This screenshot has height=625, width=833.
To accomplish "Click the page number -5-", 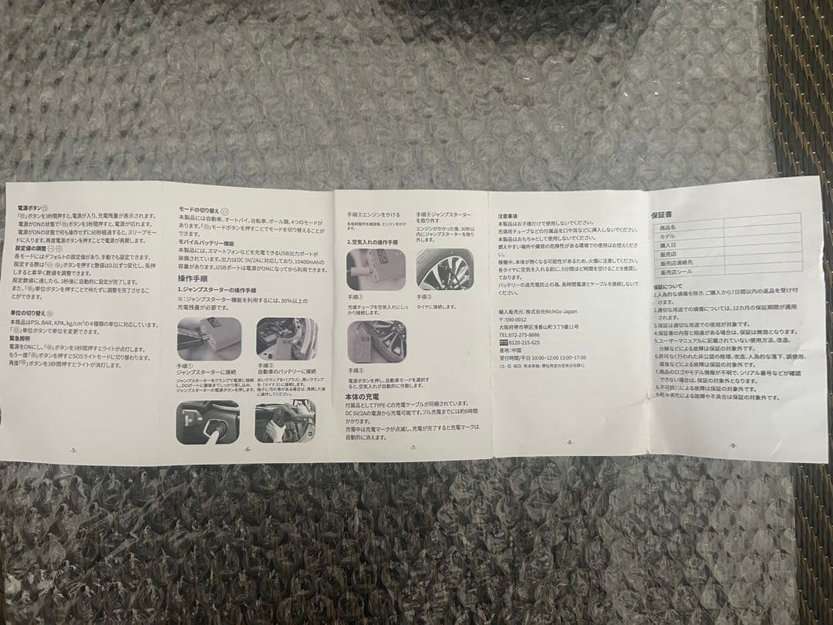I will pos(73,450).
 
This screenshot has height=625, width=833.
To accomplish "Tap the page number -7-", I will pos(413,448).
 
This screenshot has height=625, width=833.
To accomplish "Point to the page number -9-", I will pos(732,445).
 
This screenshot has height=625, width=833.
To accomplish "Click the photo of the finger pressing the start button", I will pos(207,421).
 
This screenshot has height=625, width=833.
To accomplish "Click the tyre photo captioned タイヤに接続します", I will pos(445,269).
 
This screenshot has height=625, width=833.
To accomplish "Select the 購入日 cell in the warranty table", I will pos(668,245).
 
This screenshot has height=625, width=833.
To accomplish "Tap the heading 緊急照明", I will pos(20,338).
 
